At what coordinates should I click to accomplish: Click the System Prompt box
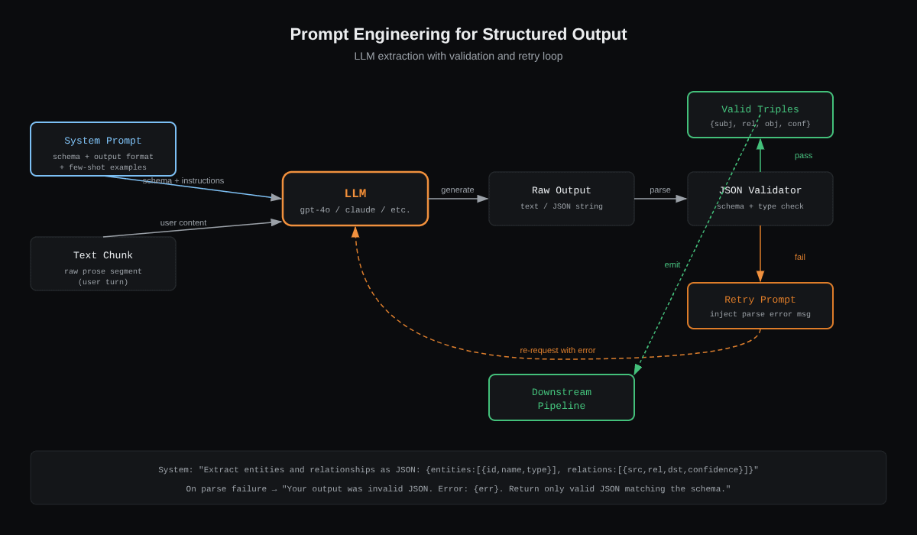(103, 149)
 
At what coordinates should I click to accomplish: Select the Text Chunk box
(103, 264)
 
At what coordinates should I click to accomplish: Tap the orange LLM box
(355, 199)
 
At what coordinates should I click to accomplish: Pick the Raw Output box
(562, 199)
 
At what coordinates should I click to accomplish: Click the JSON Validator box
(760, 199)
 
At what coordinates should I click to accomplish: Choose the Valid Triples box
(760, 115)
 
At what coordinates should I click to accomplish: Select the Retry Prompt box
(760, 306)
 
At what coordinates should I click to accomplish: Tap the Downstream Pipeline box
(562, 397)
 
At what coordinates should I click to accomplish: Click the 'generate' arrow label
(457, 190)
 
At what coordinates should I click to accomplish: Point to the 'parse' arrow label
(660, 190)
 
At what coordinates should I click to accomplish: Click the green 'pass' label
(803, 156)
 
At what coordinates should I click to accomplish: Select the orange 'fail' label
(800, 257)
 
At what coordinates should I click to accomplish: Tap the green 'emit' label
(672, 265)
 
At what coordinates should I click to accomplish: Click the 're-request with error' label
(558, 350)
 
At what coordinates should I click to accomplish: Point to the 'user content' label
(183, 222)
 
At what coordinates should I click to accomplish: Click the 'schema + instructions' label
(183, 180)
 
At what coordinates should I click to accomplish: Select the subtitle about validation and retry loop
(458, 56)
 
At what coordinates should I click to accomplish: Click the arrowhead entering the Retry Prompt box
(760, 277)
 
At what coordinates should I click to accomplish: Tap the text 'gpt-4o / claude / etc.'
(355, 210)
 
